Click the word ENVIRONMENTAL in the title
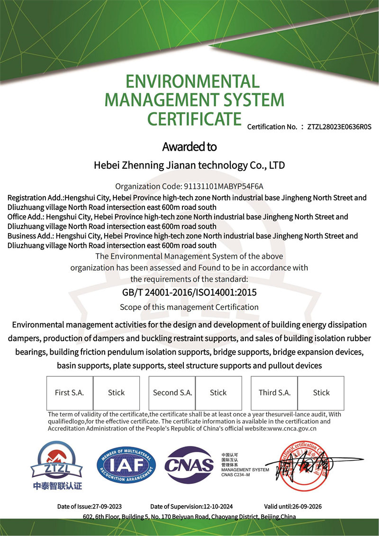point(193,82)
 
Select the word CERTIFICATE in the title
point(194,118)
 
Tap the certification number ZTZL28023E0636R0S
point(339,127)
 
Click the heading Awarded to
point(189,147)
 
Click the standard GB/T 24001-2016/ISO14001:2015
point(189,293)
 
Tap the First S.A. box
point(70,393)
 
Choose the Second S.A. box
point(172,393)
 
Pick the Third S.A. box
point(274,393)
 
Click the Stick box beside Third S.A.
point(321,393)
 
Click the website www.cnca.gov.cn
point(292,428)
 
